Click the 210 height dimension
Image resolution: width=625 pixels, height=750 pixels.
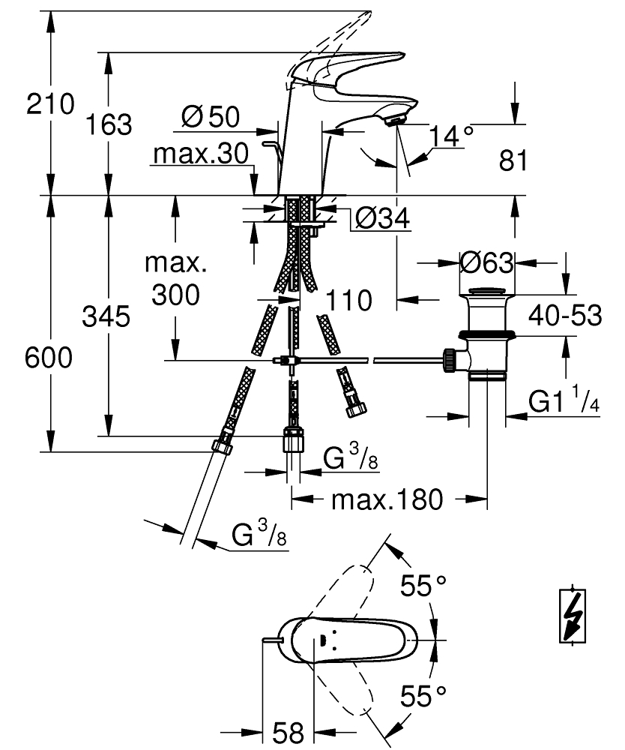click(x=50, y=103)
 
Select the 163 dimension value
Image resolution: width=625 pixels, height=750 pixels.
click(x=109, y=124)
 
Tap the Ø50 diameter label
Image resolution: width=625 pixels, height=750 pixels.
click(x=211, y=116)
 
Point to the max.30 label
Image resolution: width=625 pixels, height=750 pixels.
click(x=201, y=154)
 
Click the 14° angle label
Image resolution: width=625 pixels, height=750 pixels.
click(x=450, y=136)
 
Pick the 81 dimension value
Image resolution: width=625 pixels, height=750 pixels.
click(x=513, y=160)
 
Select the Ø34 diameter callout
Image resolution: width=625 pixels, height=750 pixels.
click(x=383, y=218)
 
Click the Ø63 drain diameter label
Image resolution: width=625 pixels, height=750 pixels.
click(x=487, y=262)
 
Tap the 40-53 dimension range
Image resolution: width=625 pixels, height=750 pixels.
click(x=565, y=315)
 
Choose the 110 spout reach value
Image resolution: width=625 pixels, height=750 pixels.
click(x=348, y=301)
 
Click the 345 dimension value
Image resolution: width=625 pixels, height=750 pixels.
click(x=106, y=316)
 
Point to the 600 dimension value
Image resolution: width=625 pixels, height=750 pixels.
click(x=49, y=357)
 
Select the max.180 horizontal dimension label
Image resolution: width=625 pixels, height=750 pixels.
click(x=387, y=499)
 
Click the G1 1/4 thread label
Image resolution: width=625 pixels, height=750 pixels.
click(x=564, y=400)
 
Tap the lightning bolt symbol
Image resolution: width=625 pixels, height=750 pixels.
click(x=573, y=615)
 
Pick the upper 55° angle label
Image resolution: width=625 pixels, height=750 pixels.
click(x=423, y=585)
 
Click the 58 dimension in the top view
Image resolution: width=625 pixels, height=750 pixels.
click(x=288, y=732)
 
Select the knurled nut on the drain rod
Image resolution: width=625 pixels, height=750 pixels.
click(x=449, y=361)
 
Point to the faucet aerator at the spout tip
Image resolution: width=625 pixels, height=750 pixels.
click(x=396, y=121)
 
